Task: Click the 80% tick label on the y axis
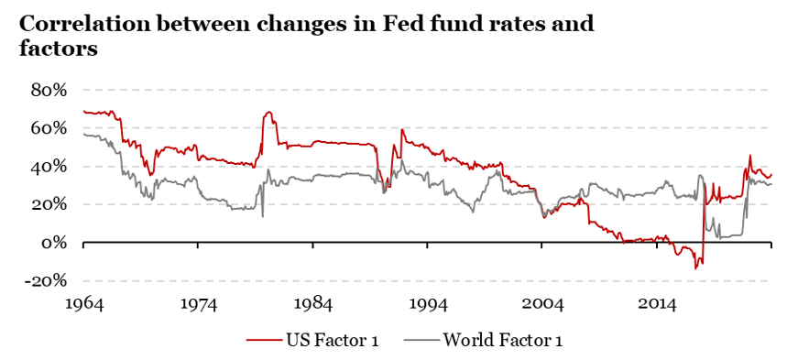point(49,90)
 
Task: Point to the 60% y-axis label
point(49,128)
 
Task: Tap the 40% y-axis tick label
point(49,167)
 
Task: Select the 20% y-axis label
point(49,204)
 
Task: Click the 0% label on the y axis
point(55,243)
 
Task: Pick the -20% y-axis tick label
point(46,281)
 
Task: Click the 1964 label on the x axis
point(83,301)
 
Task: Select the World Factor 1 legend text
point(502,341)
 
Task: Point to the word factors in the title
point(59,49)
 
